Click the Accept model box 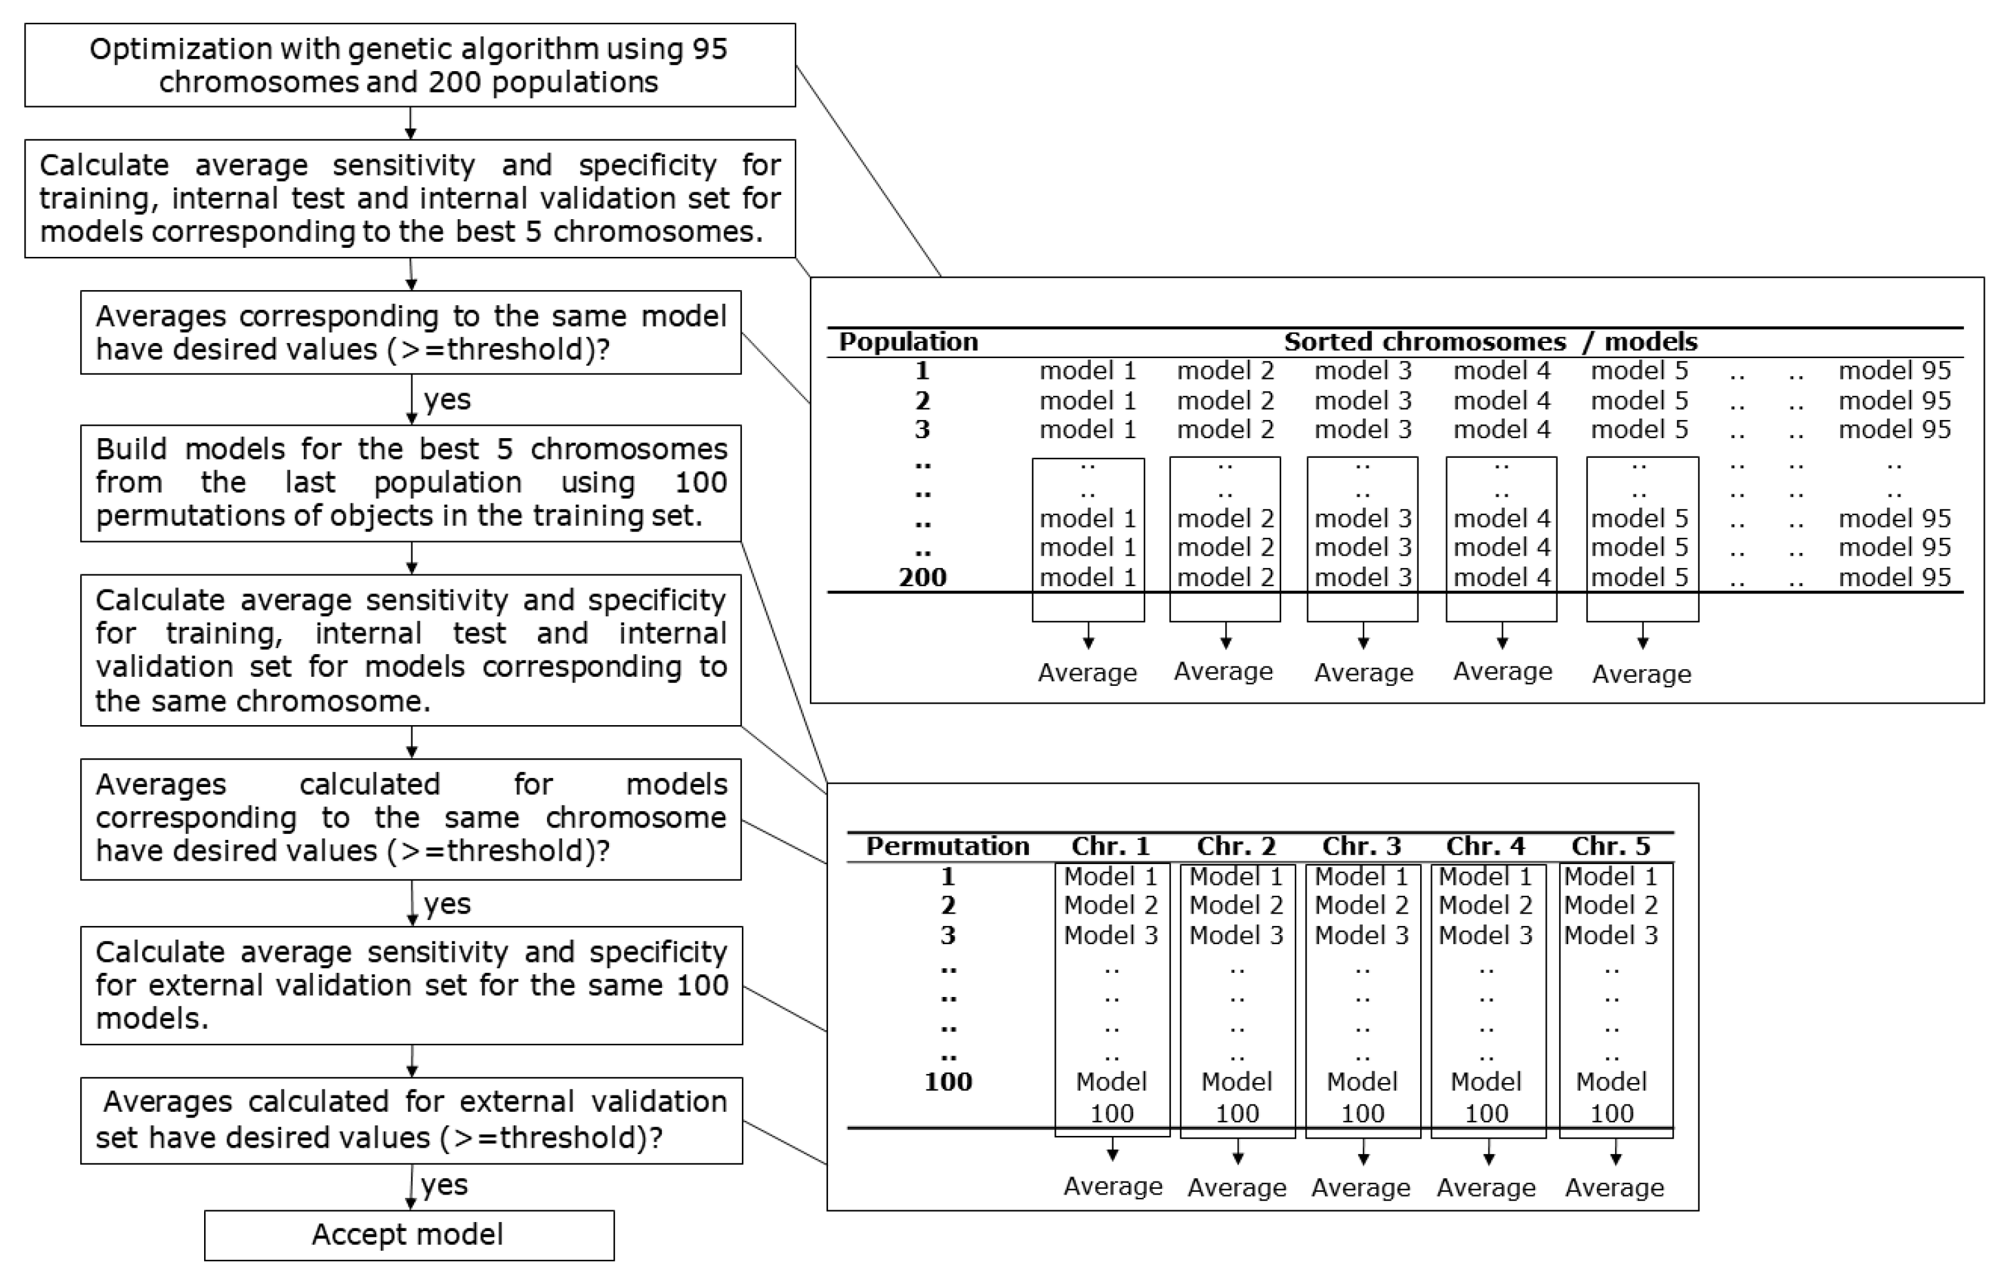pos(408,1234)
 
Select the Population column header pos(908,342)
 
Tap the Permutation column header pos(947,846)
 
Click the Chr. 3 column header pos(1361,846)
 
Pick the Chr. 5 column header pos(1611,846)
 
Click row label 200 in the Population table pos(923,577)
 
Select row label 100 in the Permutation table pos(947,1082)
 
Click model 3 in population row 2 pos(1362,400)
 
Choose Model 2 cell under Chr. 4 pos(1485,905)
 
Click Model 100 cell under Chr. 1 pos(1112,1097)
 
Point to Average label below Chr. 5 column pos(1614,1187)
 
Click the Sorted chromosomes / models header pos(1491,342)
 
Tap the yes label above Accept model pos(445,1185)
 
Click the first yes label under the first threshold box pos(447,400)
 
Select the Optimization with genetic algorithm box pos(409,65)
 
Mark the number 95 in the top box pos(709,49)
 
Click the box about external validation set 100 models pos(411,985)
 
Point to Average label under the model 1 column pos(1086,673)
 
